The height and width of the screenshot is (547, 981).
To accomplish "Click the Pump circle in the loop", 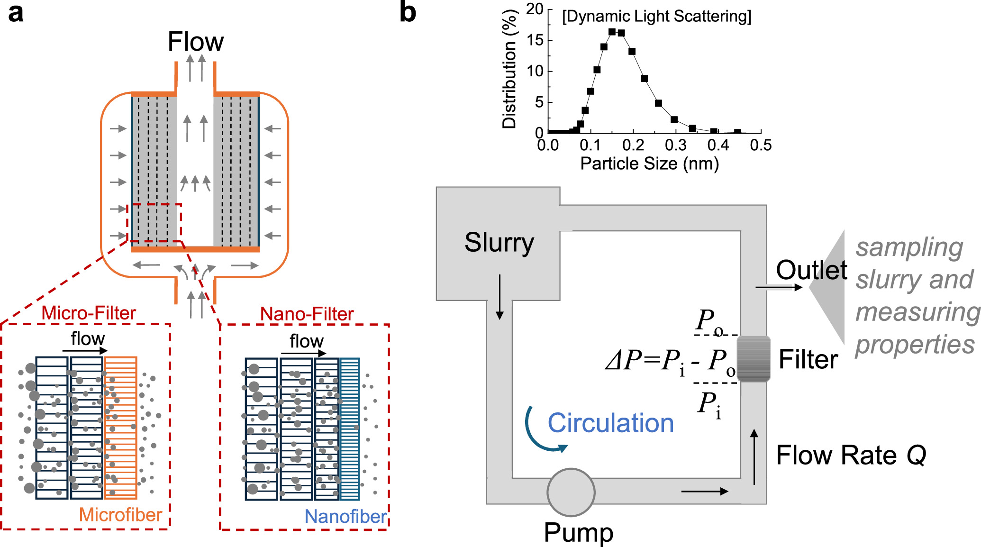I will (x=571, y=492).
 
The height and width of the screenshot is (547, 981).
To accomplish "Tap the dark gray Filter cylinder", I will (x=754, y=359).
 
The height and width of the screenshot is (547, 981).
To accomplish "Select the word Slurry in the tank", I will (x=499, y=243).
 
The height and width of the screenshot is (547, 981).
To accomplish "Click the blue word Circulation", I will (x=610, y=423).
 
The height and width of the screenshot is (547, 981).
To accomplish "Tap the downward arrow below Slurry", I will (x=500, y=297).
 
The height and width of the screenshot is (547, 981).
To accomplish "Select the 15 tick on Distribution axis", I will (x=536, y=40).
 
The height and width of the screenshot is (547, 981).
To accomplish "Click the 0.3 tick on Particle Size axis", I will (x=676, y=145).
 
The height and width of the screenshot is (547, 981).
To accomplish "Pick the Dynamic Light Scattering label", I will (x=656, y=17).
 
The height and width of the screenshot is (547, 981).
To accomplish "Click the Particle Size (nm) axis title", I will (x=649, y=164).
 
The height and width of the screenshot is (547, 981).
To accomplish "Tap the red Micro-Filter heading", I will (x=89, y=313).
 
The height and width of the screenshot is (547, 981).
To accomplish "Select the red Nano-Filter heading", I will (x=307, y=314).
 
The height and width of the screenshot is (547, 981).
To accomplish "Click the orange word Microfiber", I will (x=120, y=515).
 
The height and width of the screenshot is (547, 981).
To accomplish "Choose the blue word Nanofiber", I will (x=345, y=517).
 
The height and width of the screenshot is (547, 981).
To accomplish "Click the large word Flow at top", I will (x=195, y=42).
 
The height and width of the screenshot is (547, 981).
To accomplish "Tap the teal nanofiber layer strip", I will (x=350, y=429).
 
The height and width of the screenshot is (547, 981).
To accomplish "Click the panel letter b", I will (x=408, y=13).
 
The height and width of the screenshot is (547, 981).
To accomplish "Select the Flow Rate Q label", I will (x=851, y=456).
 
